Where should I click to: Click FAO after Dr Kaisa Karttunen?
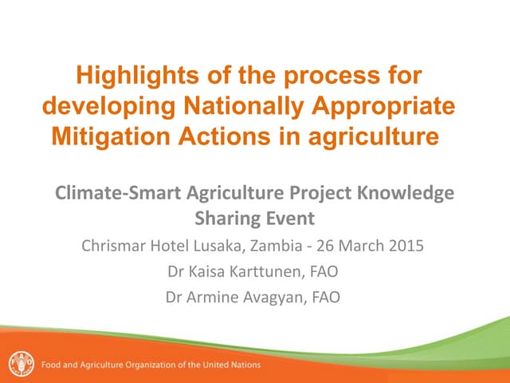click(323, 271)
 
